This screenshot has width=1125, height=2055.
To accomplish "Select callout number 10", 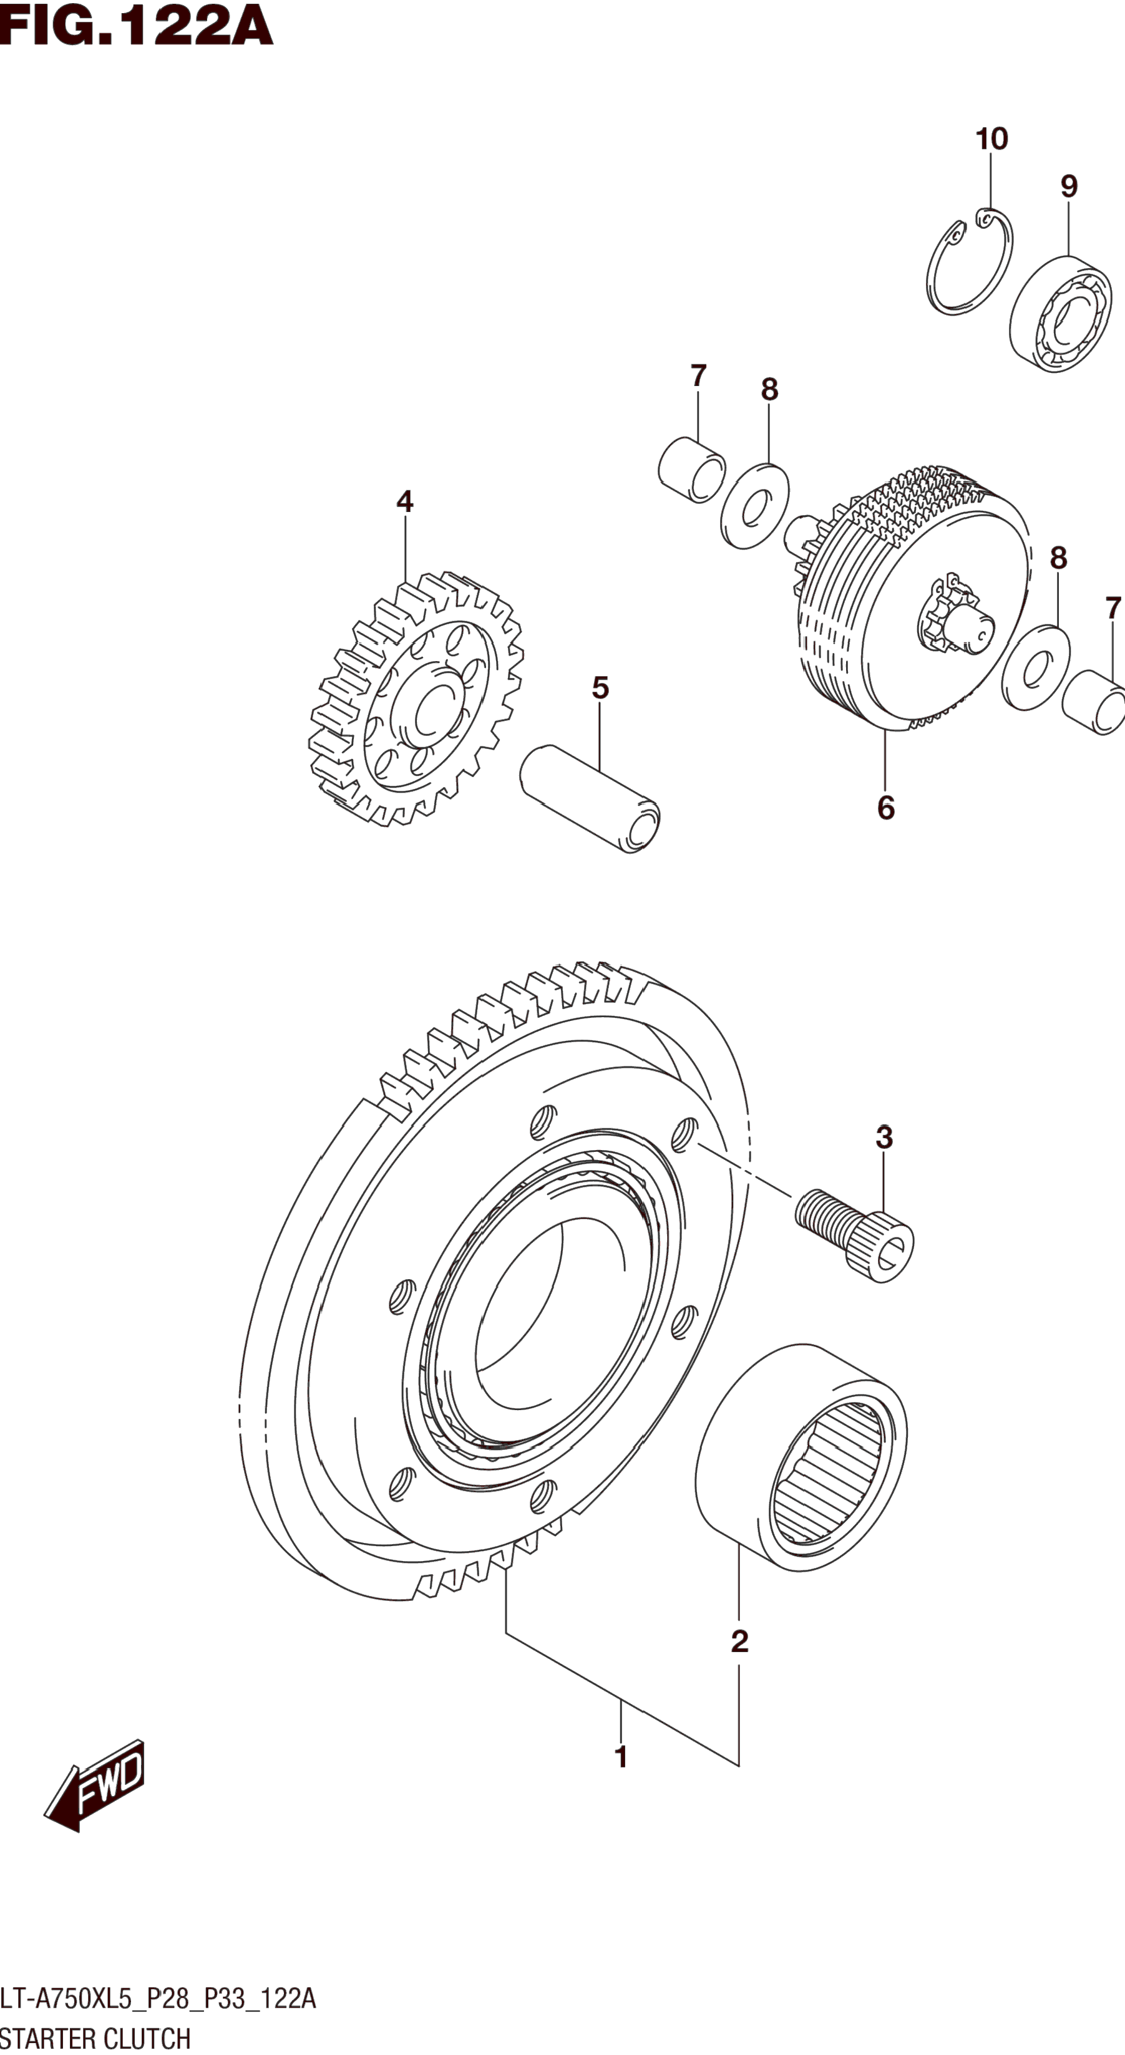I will (991, 140).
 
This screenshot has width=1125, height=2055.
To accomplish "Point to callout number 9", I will (1068, 186).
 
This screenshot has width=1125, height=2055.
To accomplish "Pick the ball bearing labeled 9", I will (1061, 314).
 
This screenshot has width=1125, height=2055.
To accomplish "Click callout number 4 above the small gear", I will (404, 502).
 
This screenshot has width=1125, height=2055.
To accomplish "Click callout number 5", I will (600, 688).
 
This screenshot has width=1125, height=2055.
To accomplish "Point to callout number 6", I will (885, 808).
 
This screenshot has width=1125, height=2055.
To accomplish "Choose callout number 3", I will (884, 1138).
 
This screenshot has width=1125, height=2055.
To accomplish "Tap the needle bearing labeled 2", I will (801, 1458).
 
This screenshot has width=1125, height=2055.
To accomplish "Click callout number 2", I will (739, 1641).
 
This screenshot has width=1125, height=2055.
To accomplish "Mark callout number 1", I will (621, 1758).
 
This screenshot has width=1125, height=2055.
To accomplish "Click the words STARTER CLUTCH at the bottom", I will (95, 2038).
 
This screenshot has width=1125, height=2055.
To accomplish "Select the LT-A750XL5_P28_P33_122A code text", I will (158, 1998).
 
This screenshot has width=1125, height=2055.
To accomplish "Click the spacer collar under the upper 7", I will (692, 470).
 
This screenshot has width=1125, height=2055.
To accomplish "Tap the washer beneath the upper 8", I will (755, 506).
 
